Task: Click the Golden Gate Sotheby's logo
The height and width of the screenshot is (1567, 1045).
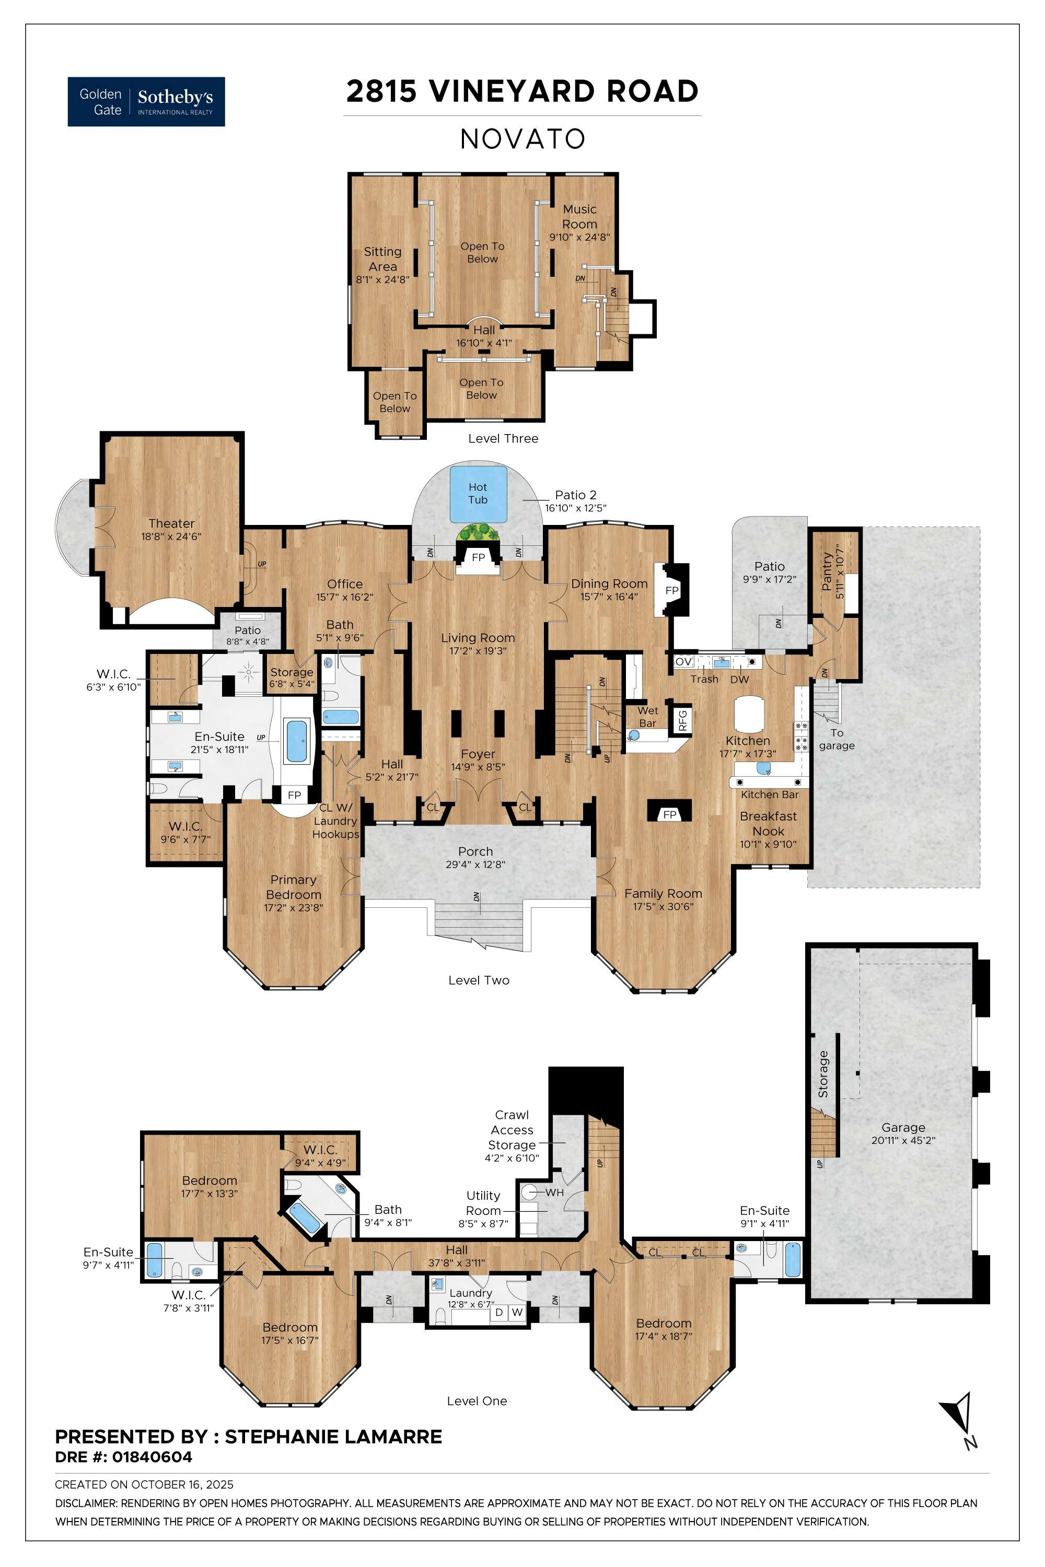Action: tap(146, 101)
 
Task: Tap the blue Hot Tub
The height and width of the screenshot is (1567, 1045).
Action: tap(478, 494)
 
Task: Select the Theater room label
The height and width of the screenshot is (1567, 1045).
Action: tap(171, 524)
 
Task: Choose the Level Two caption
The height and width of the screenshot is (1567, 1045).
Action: tap(479, 980)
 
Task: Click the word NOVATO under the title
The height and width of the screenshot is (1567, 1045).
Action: tap(522, 139)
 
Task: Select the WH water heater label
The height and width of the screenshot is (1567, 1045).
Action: tap(554, 1192)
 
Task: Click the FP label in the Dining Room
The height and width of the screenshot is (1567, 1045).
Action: tap(672, 590)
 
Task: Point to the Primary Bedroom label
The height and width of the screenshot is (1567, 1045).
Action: tap(293, 887)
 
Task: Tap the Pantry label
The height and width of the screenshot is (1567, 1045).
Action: tap(827, 571)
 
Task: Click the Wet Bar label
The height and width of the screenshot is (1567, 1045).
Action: tap(647, 717)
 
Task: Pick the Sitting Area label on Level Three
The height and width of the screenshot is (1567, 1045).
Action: tap(382, 259)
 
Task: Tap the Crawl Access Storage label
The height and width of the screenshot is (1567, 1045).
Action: tap(512, 1130)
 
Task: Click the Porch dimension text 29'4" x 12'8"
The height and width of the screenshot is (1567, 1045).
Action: tap(475, 865)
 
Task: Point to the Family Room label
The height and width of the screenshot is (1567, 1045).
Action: tap(663, 893)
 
